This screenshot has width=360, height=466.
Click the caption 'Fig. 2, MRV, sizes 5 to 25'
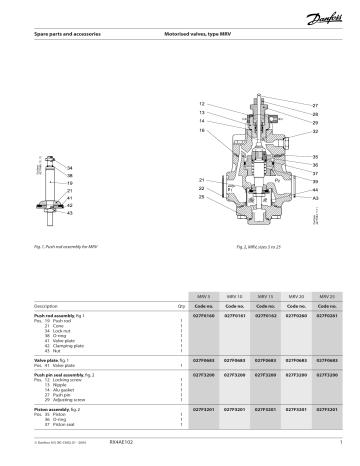259,246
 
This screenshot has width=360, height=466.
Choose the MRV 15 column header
265,297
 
